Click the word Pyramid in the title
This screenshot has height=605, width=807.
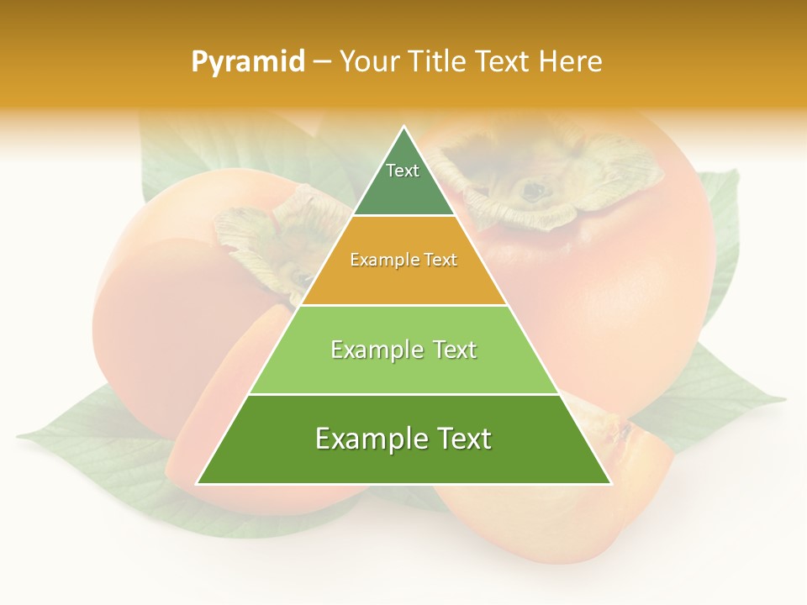coord(248,62)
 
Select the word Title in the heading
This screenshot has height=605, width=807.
coord(437,61)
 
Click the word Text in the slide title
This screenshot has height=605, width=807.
coord(503,61)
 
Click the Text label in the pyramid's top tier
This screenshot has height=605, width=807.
coord(403,171)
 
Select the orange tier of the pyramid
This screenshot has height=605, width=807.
coord(403,277)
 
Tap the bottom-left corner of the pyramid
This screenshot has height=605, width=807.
coord(198,483)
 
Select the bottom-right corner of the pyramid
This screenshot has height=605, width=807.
coord(610,483)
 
